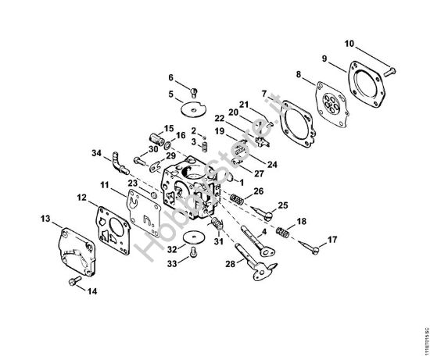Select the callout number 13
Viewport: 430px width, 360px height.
[45, 218]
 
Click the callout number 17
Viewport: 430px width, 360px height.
[332, 238]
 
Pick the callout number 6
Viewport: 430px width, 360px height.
[170, 77]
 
